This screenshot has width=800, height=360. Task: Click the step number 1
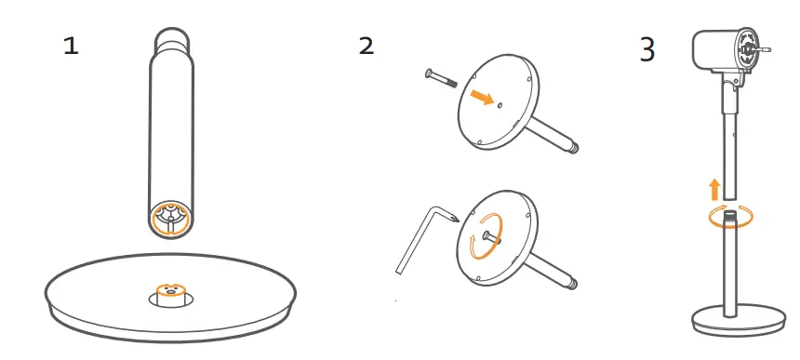(x=71, y=47)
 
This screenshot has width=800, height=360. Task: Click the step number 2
(x=367, y=46)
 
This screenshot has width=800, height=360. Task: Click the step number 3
(x=647, y=49)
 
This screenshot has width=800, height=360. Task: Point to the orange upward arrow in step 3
(x=714, y=190)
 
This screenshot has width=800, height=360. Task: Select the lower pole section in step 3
(x=728, y=269)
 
